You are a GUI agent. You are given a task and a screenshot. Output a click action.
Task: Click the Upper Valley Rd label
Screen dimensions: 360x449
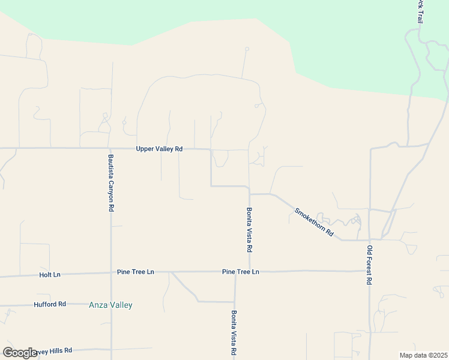159,149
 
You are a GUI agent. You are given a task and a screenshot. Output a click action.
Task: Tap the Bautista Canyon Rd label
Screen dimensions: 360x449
110,183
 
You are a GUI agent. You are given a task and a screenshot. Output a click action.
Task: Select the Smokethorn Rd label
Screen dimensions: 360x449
314,222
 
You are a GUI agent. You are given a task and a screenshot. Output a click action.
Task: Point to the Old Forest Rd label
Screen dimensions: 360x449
369,265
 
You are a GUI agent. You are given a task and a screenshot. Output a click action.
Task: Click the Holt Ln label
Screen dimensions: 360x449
50,275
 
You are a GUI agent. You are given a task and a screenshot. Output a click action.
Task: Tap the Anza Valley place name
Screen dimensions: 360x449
110,305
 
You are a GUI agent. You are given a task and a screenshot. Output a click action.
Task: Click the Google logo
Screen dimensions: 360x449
20,352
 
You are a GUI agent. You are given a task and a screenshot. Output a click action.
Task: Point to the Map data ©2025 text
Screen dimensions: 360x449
424,355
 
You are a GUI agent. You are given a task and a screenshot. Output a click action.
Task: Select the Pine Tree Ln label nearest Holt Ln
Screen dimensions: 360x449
136,272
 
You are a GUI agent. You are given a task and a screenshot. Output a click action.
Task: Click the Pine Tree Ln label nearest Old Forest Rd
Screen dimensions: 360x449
240,272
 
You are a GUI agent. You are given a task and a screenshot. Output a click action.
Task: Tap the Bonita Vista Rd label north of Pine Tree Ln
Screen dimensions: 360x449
249,230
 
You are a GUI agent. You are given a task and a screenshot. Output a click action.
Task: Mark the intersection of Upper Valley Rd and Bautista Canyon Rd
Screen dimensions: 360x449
109,148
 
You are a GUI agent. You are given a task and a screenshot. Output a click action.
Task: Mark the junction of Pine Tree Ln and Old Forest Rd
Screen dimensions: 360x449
370,271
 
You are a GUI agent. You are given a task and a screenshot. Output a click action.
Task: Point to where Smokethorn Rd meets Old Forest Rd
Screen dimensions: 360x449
369,240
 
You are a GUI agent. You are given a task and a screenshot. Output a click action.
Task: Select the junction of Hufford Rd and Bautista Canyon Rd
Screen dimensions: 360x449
111,304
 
